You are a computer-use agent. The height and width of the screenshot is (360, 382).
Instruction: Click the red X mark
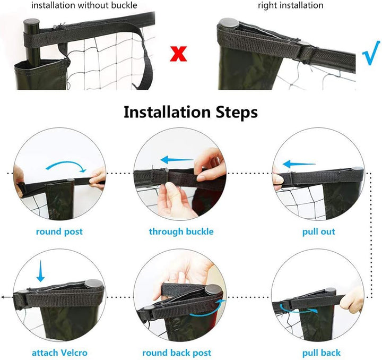[x=178, y=54]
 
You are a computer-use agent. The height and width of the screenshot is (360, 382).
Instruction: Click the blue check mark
[x=371, y=53]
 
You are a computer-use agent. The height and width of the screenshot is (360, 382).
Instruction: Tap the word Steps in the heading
[x=237, y=113]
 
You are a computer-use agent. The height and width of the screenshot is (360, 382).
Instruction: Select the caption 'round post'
[x=59, y=232]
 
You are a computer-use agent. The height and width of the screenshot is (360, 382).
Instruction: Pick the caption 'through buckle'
[x=181, y=232]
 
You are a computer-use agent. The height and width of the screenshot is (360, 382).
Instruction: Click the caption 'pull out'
[x=319, y=232]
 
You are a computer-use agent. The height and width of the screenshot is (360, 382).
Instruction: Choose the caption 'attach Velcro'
[x=59, y=353]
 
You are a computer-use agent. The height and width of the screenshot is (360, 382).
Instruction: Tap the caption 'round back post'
[x=177, y=353]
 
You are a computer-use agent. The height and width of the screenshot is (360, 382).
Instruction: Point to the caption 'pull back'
[x=322, y=353]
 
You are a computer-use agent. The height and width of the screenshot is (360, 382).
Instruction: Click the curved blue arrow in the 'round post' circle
[x=66, y=162]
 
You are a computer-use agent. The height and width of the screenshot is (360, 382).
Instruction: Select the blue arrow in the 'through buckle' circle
[x=177, y=160]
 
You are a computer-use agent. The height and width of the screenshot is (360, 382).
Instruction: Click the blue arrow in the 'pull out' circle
[x=299, y=164]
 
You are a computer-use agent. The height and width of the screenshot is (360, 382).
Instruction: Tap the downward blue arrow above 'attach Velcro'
[x=40, y=271]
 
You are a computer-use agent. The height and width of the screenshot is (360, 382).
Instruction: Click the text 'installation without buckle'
[x=84, y=5]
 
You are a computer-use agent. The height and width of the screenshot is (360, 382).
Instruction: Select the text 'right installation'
[x=291, y=5]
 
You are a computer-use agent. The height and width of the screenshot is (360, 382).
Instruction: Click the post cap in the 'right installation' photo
[x=229, y=23]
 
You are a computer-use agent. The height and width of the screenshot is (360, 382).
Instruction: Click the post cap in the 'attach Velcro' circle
[x=93, y=284]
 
